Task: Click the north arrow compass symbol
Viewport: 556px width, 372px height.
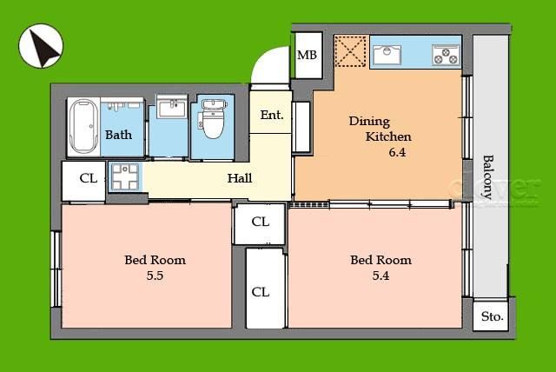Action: point(41,46)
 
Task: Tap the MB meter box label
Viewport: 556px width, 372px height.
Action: point(307,55)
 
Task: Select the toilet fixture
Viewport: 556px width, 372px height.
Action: point(212,119)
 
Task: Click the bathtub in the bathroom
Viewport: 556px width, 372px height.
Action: point(83,126)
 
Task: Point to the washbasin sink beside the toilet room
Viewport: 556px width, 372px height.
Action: point(172,107)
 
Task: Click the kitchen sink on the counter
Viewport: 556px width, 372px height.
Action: point(387,56)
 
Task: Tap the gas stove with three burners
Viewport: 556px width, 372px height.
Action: point(446,56)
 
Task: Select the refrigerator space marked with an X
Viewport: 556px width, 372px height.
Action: point(350,51)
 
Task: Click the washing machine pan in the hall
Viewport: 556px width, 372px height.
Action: point(125,176)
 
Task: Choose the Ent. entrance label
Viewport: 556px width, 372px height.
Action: point(272,115)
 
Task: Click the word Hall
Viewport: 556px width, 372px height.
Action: point(240,178)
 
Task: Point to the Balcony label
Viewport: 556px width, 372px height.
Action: point(488,177)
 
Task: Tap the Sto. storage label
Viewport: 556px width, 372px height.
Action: point(493,316)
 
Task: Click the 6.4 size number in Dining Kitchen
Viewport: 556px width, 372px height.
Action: point(397,152)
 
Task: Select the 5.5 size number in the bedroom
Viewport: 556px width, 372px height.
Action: point(155,276)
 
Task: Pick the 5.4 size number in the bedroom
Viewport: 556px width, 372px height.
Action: point(381,276)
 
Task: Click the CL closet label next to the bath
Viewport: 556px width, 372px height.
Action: point(89,178)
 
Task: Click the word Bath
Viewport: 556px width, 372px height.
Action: point(118,135)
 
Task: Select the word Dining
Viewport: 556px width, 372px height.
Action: point(369,122)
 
